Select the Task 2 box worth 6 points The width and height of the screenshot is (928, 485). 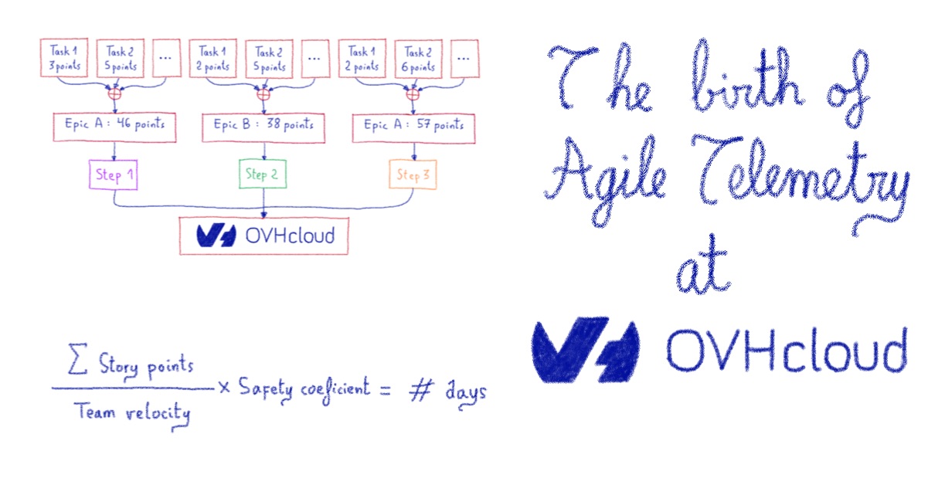point(418,59)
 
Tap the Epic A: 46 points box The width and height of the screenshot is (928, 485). point(114,125)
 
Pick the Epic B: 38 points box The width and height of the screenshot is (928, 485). point(263,125)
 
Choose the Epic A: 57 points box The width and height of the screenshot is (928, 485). point(413,125)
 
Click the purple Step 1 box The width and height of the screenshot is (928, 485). point(114,175)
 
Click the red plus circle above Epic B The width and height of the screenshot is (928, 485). point(263,95)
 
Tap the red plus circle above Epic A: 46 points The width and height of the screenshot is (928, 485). point(114,95)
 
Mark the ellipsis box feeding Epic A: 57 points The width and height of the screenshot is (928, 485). point(464,59)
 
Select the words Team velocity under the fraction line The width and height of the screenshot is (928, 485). point(132,412)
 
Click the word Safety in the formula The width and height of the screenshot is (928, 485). point(264,388)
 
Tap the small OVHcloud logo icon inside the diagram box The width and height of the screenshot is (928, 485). point(216,235)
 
